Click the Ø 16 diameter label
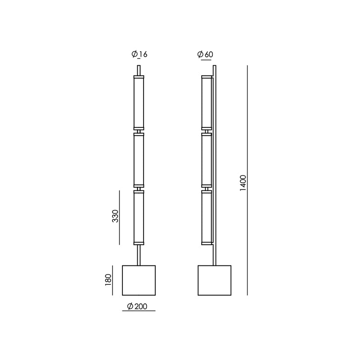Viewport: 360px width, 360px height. coord(139,54)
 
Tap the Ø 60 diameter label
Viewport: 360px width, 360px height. coord(205,54)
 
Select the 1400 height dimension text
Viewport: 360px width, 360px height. coord(243,183)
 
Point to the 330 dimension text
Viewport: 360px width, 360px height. coord(115,216)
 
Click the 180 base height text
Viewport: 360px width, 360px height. coord(108,280)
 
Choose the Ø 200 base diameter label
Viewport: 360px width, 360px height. coord(137,306)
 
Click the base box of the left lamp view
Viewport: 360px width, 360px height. coord(139,280)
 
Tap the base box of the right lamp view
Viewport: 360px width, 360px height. coord(215,280)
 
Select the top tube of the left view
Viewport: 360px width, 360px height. coord(139,103)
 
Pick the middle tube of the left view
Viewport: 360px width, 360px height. coord(139,160)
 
